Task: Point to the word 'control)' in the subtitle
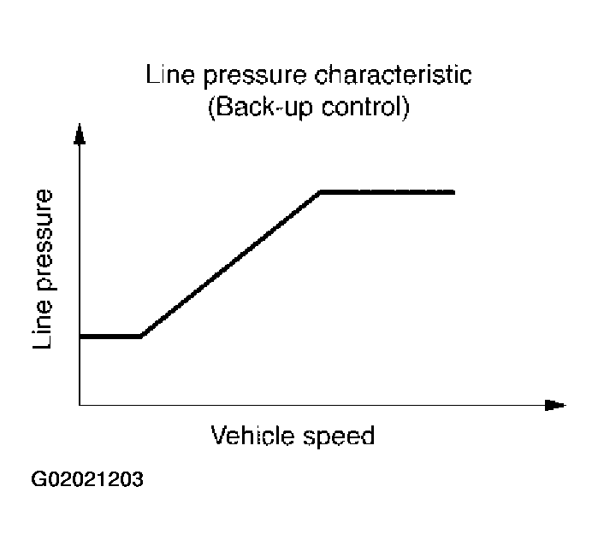358,108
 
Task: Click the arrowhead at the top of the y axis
80,134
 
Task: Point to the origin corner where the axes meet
80,404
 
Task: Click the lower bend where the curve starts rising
140,337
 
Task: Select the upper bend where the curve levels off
320,192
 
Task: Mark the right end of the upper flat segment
453,192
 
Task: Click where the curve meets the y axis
80,337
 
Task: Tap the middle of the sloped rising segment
230,265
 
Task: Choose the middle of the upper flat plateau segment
387,192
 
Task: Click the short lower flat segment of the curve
110,337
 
